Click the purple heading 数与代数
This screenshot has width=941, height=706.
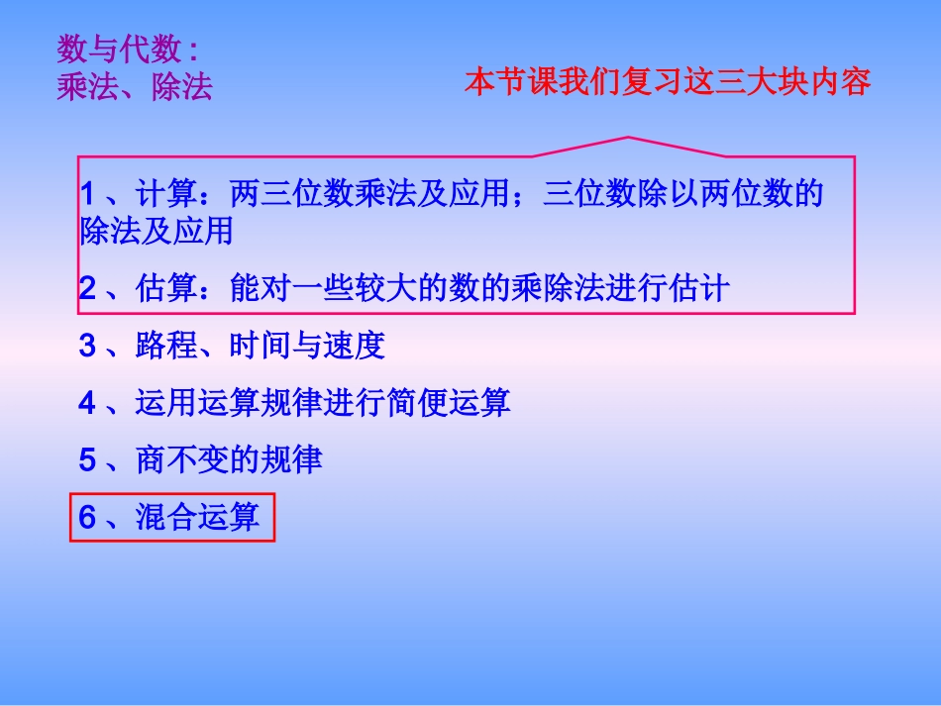pyautogui.click(x=118, y=49)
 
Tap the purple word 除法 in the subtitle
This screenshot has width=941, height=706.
pyautogui.click(x=182, y=88)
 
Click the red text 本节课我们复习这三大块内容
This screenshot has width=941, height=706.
pyautogui.click(x=668, y=82)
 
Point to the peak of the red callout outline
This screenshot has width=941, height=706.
pyautogui.click(x=628, y=137)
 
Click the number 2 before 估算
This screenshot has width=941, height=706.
pyautogui.click(x=88, y=289)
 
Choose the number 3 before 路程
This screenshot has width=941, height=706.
pyautogui.click(x=88, y=346)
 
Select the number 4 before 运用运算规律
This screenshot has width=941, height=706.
pyautogui.click(x=88, y=403)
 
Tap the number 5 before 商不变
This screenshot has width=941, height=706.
pyautogui.click(x=88, y=460)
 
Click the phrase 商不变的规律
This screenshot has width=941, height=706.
pyautogui.click(x=229, y=460)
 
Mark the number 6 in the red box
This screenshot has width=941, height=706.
pyautogui.click(x=88, y=517)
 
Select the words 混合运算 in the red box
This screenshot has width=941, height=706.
pyautogui.click(x=197, y=517)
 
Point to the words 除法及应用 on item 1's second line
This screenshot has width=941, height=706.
pyautogui.click(x=156, y=232)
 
